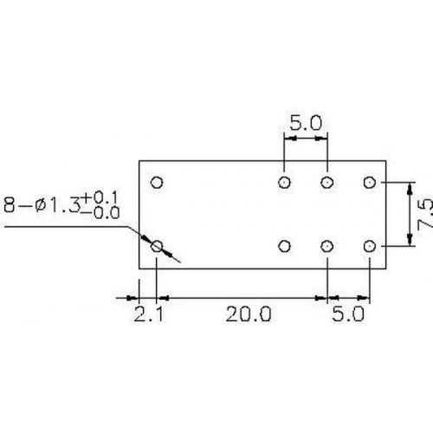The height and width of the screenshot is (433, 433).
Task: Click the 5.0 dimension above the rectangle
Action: (x=306, y=123)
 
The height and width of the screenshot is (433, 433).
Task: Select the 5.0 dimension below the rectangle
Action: (x=348, y=314)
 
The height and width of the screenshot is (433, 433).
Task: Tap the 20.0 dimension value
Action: (x=249, y=314)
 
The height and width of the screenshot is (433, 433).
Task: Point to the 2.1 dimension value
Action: (x=149, y=314)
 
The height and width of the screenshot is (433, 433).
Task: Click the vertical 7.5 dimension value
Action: (x=425, y=215)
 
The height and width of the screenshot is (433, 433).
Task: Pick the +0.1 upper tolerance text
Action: (x=100, y=197)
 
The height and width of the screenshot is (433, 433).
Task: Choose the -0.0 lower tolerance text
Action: (x=100, y=213)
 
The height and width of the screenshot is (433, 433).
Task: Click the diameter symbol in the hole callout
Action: (x=41, y=205)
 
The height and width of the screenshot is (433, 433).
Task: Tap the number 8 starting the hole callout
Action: (x=10, y=205)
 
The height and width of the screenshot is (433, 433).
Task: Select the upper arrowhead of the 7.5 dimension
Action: (x=410, y=189)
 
